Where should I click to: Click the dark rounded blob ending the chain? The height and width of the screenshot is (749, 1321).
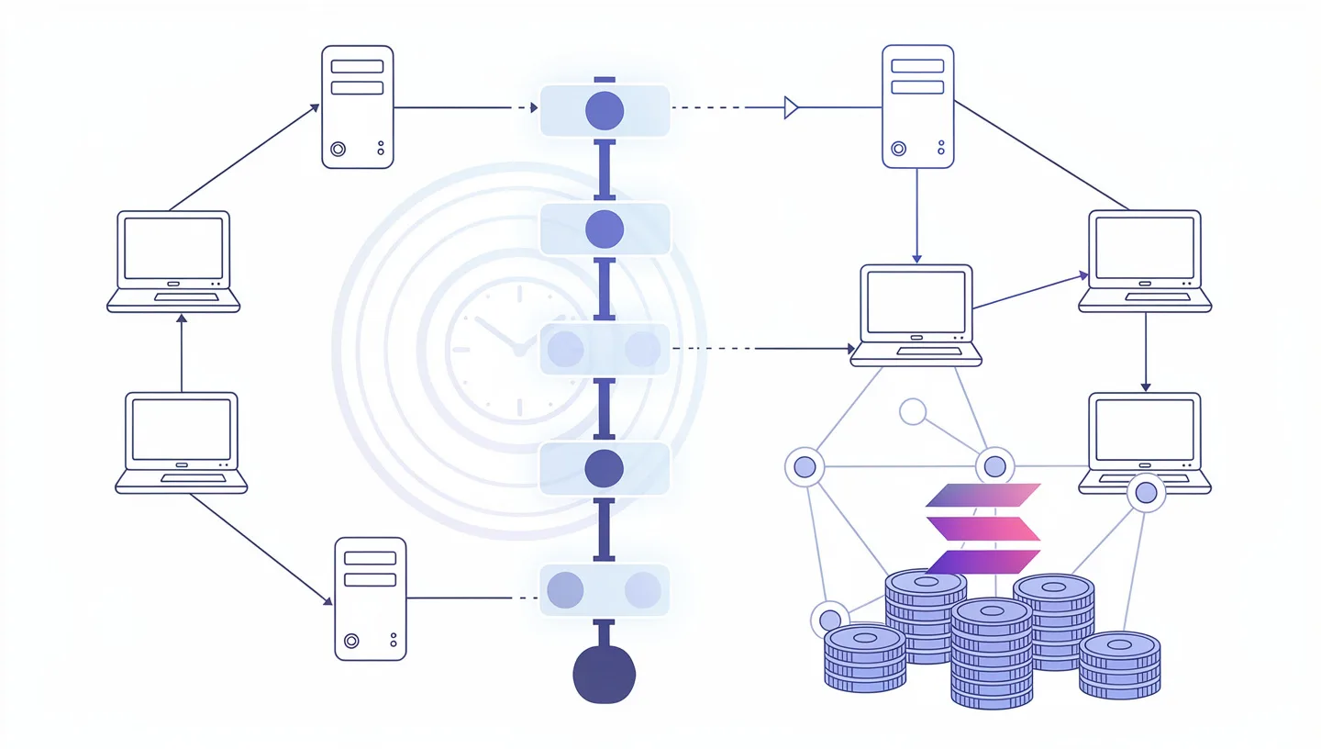(604, 675)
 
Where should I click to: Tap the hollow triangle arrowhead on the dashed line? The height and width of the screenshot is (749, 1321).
(791, 108)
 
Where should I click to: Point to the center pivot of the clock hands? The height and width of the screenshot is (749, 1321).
(518, 350)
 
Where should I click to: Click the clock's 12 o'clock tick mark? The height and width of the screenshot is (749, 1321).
(518, 294)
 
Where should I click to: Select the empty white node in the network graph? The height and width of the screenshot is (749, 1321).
(912, 411)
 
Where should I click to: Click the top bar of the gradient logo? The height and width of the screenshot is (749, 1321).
(982, 496)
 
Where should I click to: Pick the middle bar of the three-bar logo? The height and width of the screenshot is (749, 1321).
(982, 529)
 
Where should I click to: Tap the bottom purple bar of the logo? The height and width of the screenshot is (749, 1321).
(982, 562)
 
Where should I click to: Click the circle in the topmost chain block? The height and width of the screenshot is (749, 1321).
(604, 110)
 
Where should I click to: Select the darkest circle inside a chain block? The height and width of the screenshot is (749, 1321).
(604, 468)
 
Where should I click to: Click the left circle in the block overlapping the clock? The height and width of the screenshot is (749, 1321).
(565, 350)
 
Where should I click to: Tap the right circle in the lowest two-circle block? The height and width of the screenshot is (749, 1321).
(642, 590)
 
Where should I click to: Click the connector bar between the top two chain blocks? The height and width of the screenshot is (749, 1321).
(604, 170)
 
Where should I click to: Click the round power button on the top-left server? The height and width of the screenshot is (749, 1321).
(338, 148)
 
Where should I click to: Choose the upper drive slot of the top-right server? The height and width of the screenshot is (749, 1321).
(917, 66)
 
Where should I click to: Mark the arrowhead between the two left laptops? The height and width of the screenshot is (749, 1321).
(182, 319)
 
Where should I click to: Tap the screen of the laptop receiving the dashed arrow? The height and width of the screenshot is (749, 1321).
(916, 302)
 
